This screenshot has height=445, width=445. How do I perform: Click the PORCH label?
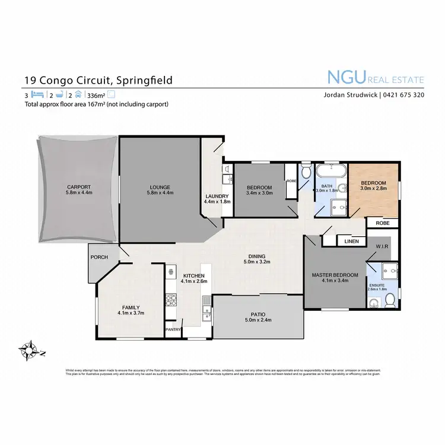coord(98,257)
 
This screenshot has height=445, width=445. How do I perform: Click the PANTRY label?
coord(173,329)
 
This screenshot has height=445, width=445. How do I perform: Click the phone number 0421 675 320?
coord(402,95)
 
